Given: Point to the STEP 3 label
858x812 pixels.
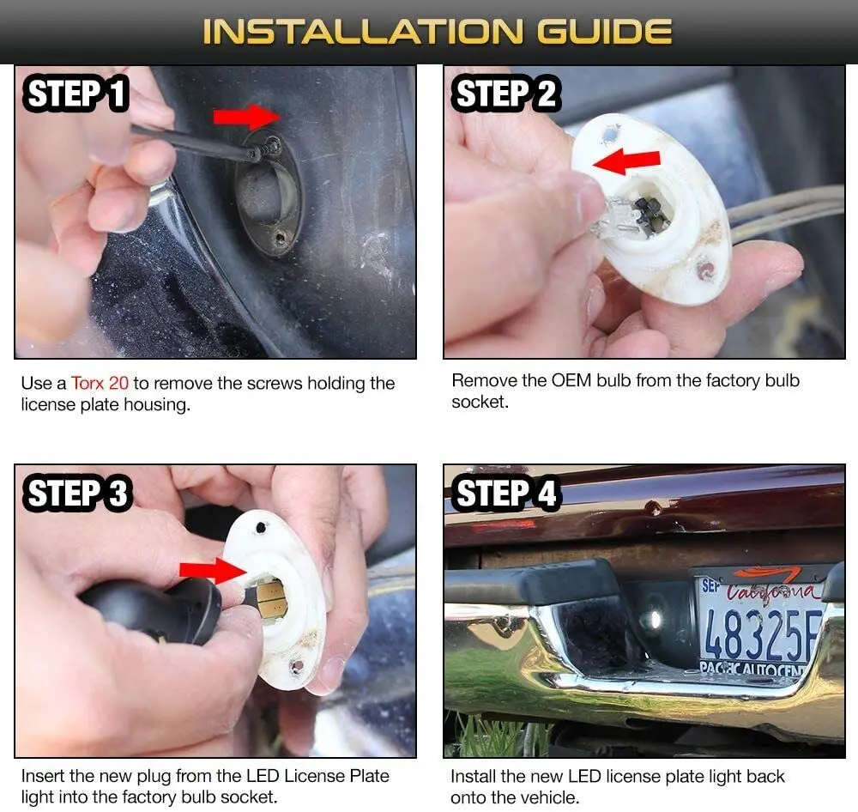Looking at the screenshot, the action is coord(76,493).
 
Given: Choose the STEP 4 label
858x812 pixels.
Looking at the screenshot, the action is coord(505,493).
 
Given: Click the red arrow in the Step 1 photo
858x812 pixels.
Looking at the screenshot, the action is coord(247,117).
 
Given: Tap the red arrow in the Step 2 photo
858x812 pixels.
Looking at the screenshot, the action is coord(627,162).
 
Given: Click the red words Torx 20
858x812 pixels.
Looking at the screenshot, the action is coord(100,383).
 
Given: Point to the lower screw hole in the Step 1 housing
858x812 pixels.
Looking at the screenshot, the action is coord(281,239).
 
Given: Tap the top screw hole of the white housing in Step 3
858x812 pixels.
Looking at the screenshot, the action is coord(261,528).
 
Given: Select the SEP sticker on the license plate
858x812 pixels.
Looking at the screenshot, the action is coord(710,585).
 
